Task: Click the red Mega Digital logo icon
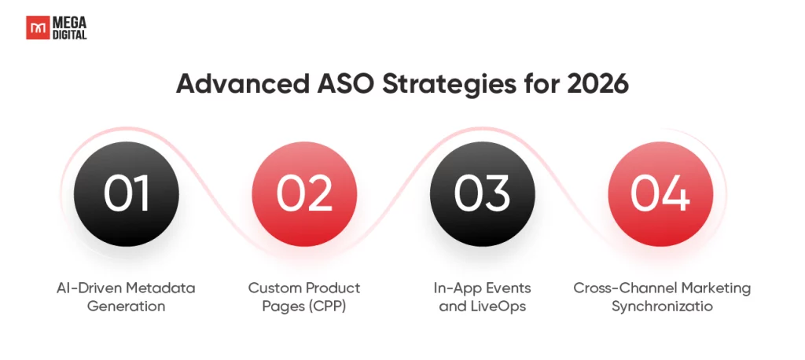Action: (38, 28)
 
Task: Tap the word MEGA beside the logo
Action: (69, 23)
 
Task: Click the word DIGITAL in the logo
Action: (69, 34)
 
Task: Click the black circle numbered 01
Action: (127, 194)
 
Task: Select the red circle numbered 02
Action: (304, 194)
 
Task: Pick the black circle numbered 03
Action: (482, 194)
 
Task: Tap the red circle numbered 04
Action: (660, 194)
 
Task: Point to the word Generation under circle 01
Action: (127, 307)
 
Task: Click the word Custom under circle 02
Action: (270, 288)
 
